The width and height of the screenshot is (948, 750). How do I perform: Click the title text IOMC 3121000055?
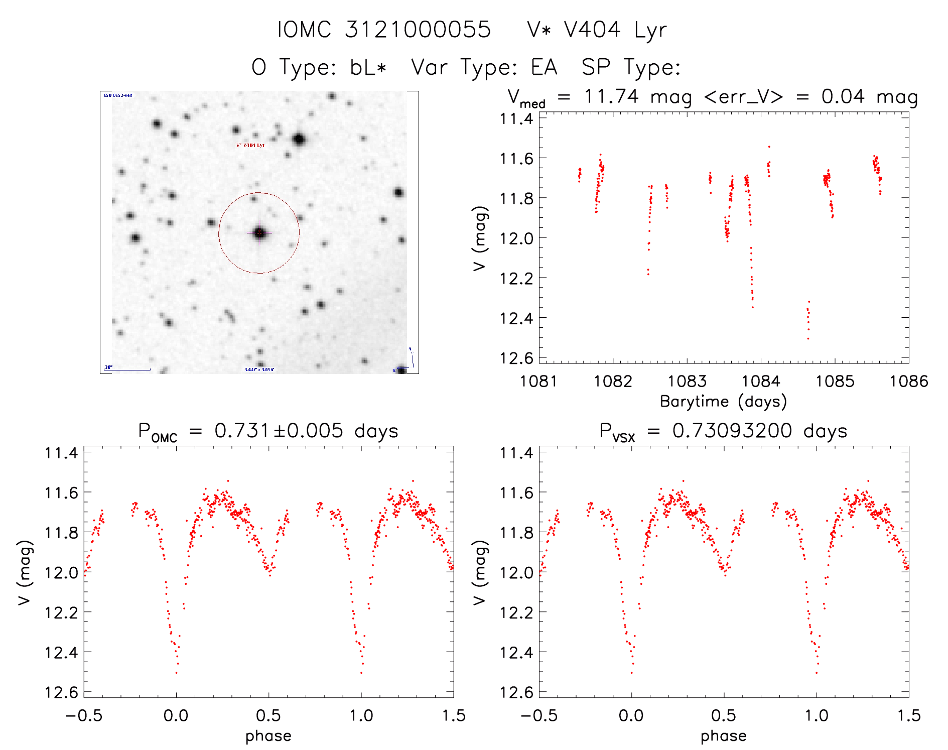[384, 30]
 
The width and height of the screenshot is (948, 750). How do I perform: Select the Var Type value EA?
[544, 67]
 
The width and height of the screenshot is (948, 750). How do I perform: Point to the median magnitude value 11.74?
[611, 96]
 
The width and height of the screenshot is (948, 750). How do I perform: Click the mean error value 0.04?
[843, 96]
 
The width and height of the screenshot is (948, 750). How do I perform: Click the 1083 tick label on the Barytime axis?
[687, 382]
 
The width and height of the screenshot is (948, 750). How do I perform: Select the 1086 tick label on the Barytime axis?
[909, 382]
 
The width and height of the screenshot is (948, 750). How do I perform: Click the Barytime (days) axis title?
[723, 402]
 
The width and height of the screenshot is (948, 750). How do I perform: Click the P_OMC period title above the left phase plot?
[268, 431]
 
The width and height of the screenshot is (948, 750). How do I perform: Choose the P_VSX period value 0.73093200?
[732, 431]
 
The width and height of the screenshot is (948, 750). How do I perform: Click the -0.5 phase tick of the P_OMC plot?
[84, 715]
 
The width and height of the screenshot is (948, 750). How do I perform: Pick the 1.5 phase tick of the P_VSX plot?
[908, 715]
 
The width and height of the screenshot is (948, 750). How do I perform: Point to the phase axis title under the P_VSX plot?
[723, 736]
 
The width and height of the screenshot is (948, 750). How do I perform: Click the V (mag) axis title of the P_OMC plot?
[25, 572]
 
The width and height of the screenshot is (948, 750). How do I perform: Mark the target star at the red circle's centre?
[259, 233]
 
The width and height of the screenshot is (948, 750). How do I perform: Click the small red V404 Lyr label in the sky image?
[250, 146]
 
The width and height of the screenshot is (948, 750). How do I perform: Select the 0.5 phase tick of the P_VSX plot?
[724, 715]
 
